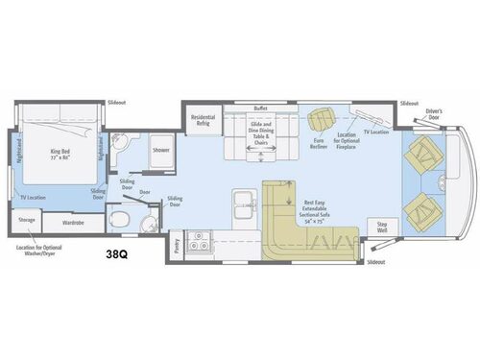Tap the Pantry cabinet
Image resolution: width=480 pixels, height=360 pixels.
[176, 247]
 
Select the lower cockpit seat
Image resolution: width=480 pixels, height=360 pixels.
[420, 208]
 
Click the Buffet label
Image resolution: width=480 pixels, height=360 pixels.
[259, 108]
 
